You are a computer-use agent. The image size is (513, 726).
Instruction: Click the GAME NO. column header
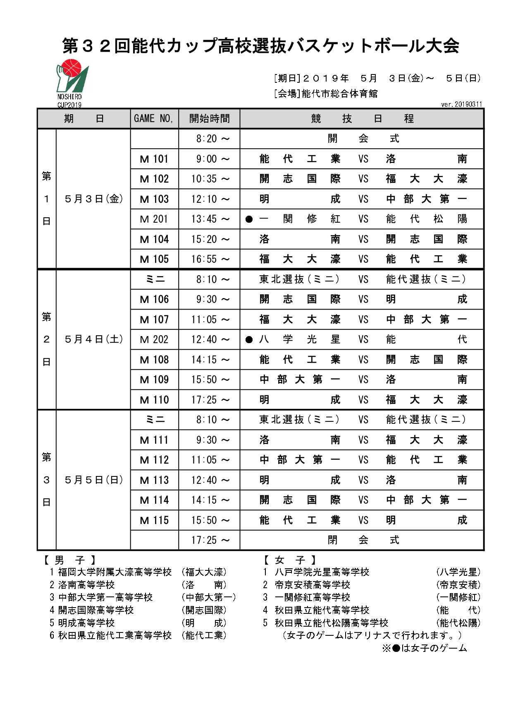154,119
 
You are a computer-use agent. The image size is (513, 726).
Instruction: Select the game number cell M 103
154,199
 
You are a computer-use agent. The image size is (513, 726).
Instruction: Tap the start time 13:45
210,219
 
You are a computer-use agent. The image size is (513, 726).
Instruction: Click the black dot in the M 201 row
249,219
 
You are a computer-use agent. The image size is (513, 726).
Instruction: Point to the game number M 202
154,340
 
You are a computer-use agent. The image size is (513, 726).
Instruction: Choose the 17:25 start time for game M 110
210,400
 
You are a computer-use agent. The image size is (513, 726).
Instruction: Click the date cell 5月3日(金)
93,199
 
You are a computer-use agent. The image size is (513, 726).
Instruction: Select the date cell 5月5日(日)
93,480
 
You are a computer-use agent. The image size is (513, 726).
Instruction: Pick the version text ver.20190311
461,104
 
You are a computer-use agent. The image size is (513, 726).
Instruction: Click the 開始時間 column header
209,119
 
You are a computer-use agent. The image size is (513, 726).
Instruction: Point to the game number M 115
154,520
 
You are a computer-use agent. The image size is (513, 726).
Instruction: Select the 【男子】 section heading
69,560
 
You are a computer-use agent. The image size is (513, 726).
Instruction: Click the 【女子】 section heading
290,560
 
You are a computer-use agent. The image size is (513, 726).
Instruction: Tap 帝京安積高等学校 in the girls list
313,585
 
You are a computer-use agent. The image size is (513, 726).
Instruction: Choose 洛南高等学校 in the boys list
86,585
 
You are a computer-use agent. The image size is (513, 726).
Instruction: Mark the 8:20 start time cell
210,139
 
